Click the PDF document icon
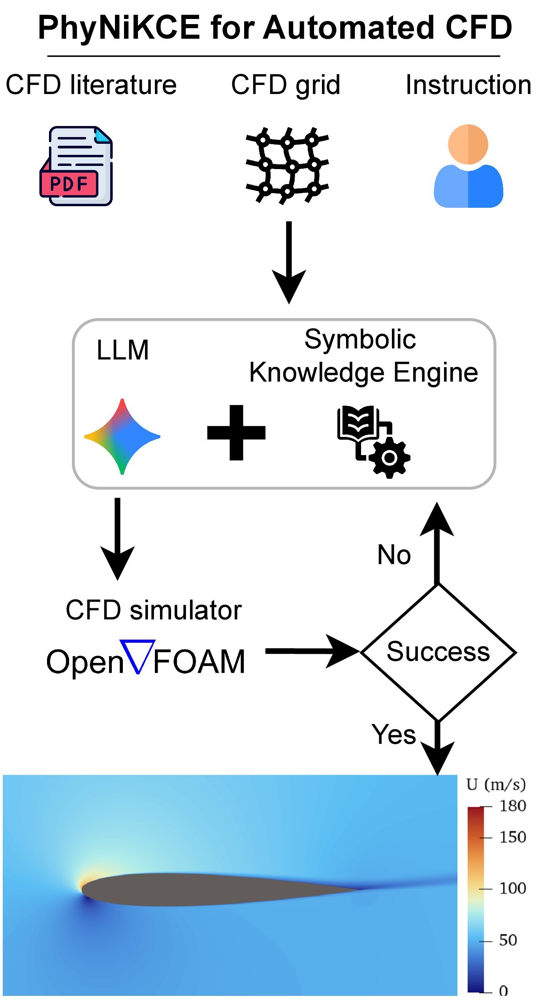(76, 166)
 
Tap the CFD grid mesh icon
(287, 165)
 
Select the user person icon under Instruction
(468, 166)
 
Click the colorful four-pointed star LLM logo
(122, 437)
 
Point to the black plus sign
(236, 433)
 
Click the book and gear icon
(373, 441)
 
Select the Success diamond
(438, 653)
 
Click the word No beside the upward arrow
(394, 555)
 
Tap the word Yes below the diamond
(394, 735)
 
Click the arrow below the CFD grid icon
(289, 263)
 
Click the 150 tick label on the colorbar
(512, 837)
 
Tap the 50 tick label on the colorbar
(508, 940)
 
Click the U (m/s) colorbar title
(496, 784)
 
